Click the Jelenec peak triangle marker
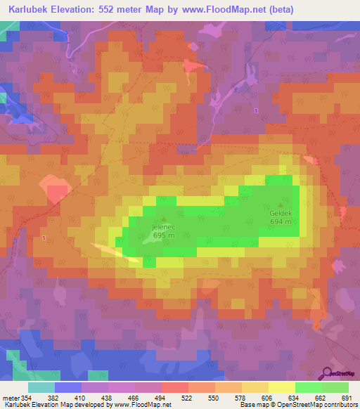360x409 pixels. [x=164, y=219]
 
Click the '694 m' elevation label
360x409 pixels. [x=281, y=221]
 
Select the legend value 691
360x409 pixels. [x=346, y=397]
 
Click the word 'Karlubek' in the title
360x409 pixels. [x=27, y=9]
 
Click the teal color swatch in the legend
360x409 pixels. [x=41, y=387]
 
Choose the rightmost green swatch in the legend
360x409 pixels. [x=335, y=387]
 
